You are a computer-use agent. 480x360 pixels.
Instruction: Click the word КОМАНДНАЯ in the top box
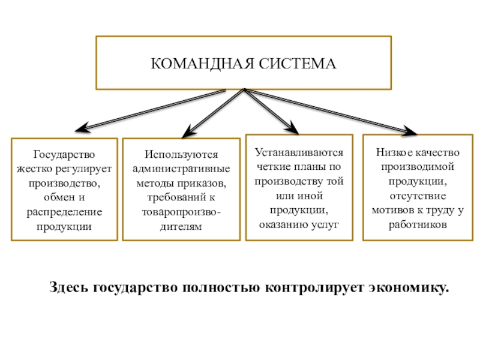pos(202,64)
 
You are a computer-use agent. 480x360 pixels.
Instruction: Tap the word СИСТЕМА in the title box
pos(298,64)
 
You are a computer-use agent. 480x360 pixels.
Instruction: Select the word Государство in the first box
pos(64,154)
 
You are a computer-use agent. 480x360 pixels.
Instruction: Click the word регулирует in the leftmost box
pos(83,169)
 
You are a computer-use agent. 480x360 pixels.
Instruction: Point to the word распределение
pos(64,212)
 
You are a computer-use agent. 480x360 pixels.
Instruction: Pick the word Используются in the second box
pos(181,154)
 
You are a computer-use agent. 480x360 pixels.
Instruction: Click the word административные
pos(181,169)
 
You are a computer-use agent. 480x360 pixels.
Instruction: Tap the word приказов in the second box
pos(202,184)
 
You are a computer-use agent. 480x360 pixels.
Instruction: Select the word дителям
pos(181,227)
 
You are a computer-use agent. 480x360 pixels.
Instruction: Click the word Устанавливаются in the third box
pos(299,152)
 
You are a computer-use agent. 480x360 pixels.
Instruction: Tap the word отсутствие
pos(418,196)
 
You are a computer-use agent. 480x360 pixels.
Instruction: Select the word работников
pos(418,224)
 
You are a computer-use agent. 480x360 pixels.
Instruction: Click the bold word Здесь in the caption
pos(68,287)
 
